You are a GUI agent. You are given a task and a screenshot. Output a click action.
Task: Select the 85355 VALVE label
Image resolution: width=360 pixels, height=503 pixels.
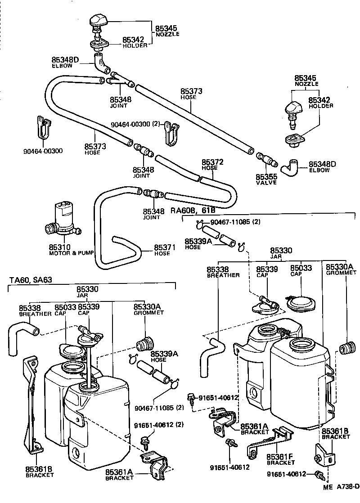pos(267,180)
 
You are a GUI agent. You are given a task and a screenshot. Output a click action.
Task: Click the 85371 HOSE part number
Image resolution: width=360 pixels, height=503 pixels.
pos(162,247)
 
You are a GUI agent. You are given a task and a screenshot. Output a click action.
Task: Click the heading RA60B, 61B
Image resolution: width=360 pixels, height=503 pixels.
pos(193,210)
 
